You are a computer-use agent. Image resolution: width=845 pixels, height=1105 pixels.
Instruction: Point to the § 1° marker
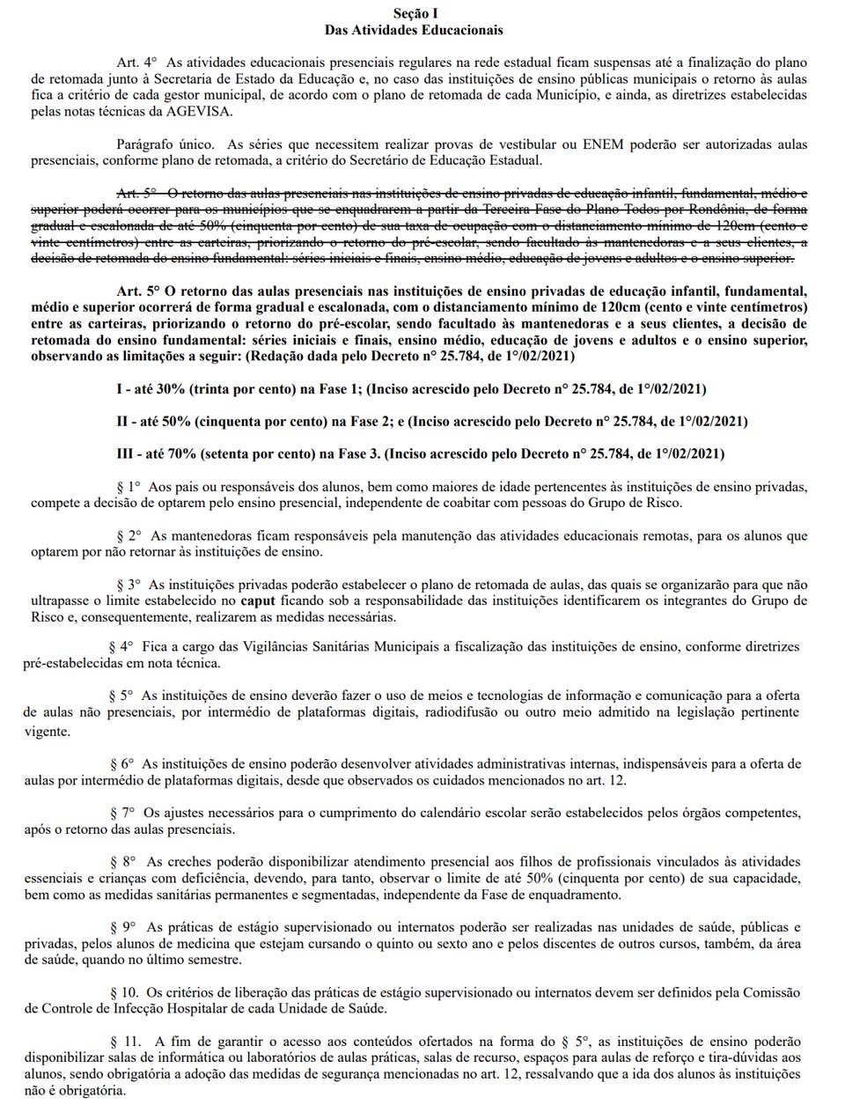(x=129, y=486)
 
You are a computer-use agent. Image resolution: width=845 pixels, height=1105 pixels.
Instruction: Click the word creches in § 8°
(x=188, y=861)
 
